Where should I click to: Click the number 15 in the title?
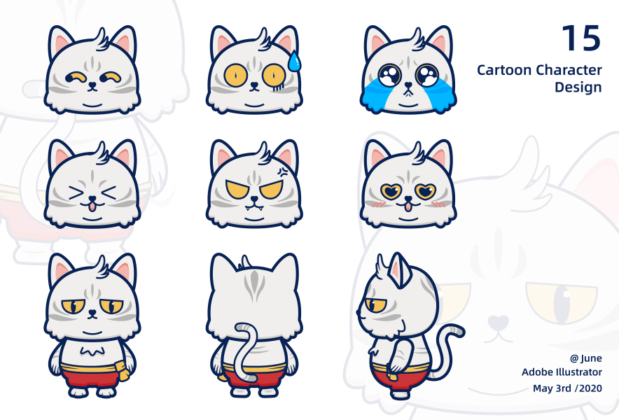tap(581, 38)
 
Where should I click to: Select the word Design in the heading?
tap(578, 87)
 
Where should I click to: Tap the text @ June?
tap(586, 358)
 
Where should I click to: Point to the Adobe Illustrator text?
tap(562, 372)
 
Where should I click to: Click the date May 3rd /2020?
tap(567, 388)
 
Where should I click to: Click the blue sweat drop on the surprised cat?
tap(293, 62)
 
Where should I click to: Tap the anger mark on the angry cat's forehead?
tap(283, 171)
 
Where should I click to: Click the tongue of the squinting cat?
tap(92, 206)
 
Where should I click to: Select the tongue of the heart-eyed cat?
tap(408, 206)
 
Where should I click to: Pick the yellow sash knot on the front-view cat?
tap(124, 371)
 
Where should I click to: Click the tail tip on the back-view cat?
tap(242, 328)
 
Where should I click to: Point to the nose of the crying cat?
tap(408, 85)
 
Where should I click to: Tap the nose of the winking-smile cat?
tap(92, 85)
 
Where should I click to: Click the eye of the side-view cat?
tap(375, 305)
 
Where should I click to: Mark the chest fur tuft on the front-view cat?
tap(92, 351)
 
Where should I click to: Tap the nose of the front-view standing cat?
tap(92, 312)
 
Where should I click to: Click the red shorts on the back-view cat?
tap(255, 379)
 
